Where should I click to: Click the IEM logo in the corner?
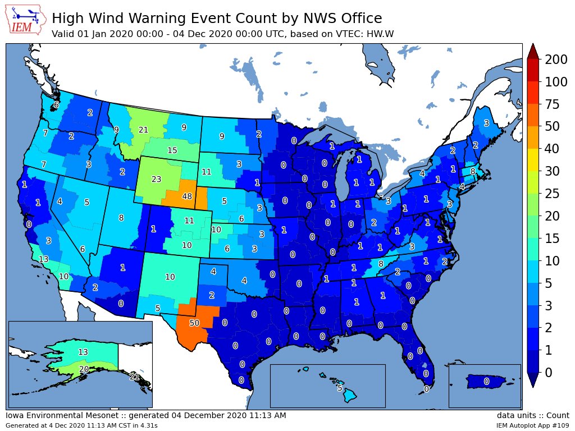[26, 21]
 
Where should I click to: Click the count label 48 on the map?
[188, 197]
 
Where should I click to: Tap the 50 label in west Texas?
[194, 323]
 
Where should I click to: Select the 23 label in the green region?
[156, 180]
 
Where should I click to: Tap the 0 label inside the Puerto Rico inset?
[486, 382]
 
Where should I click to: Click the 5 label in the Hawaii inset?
[340, 388]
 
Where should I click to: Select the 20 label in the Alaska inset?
[84, 369]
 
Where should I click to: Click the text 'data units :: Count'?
[532, 416]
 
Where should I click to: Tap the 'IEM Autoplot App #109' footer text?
[532, 426]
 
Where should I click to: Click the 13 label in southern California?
[43, 259]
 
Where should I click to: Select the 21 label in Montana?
[143, 130]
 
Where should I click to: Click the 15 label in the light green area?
[172, 150]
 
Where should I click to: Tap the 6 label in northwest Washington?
[56, 105]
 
